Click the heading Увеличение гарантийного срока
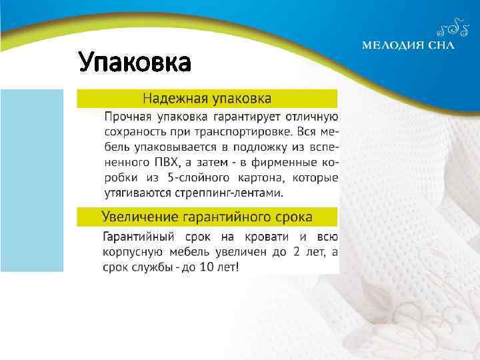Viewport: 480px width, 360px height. coord(207,217)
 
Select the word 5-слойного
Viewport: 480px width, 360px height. coord(196,178)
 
